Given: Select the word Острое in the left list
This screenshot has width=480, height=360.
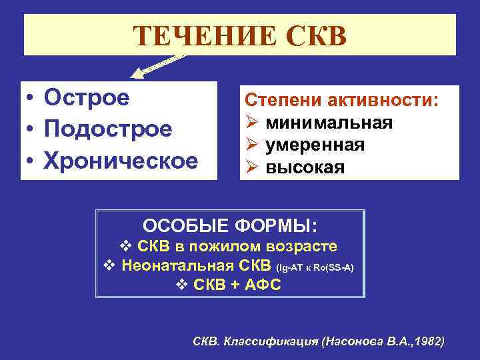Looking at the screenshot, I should tap(87, 97).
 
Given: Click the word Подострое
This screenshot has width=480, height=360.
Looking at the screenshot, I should tap(108, 129).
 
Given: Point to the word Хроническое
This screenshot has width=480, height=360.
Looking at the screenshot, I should tap(121, 161).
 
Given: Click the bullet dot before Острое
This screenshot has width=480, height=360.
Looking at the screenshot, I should tap(31, 99).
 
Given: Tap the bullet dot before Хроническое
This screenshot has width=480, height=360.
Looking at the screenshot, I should tap(31, 162).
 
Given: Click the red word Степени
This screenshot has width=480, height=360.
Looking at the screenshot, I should tap(280, 101).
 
